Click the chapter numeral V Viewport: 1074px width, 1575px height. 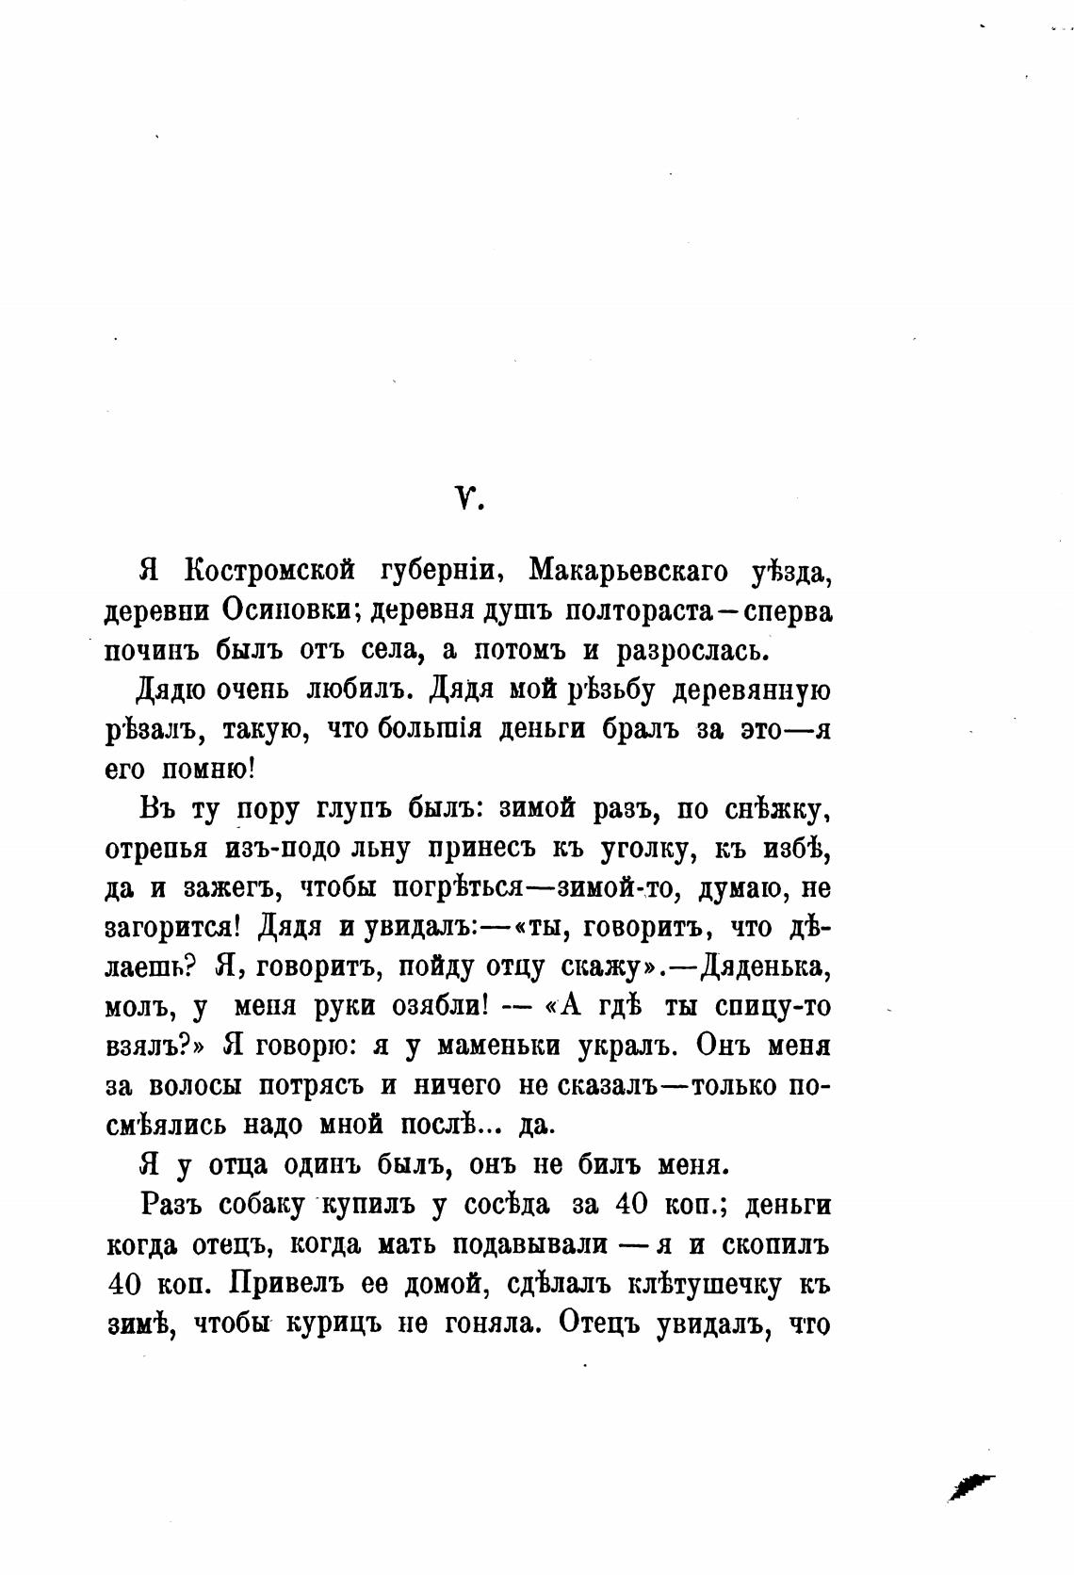[467, 499]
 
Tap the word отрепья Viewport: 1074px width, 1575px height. [156, 849]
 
